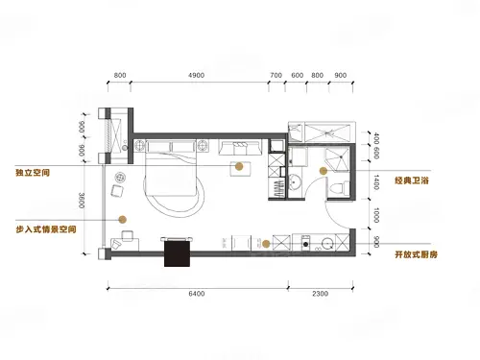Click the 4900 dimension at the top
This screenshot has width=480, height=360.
[196, 75]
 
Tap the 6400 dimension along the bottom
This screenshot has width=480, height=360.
[197, 294]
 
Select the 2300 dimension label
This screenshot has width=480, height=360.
[320, 294]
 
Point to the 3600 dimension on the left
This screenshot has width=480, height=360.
[82, 201]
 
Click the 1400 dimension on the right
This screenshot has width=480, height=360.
[376, 182]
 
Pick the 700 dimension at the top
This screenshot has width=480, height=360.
[276, 75]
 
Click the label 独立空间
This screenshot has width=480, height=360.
[33, 173]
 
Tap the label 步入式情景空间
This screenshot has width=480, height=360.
[46, 229]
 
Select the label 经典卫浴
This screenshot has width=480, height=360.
[412, 180]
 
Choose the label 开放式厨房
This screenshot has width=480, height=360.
[416, 254]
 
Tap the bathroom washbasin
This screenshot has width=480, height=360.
[294, 182]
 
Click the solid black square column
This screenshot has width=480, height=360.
[177, 253]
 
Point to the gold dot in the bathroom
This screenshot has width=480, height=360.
[324, 171]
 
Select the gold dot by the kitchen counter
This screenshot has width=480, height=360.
[266, 244]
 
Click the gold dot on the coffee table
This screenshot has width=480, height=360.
[239, 166]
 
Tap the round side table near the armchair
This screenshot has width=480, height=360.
[120, 177]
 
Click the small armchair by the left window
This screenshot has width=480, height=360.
[117, 191]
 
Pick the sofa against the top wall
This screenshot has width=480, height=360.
[240, 147]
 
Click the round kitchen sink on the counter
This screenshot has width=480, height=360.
[327, 244]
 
